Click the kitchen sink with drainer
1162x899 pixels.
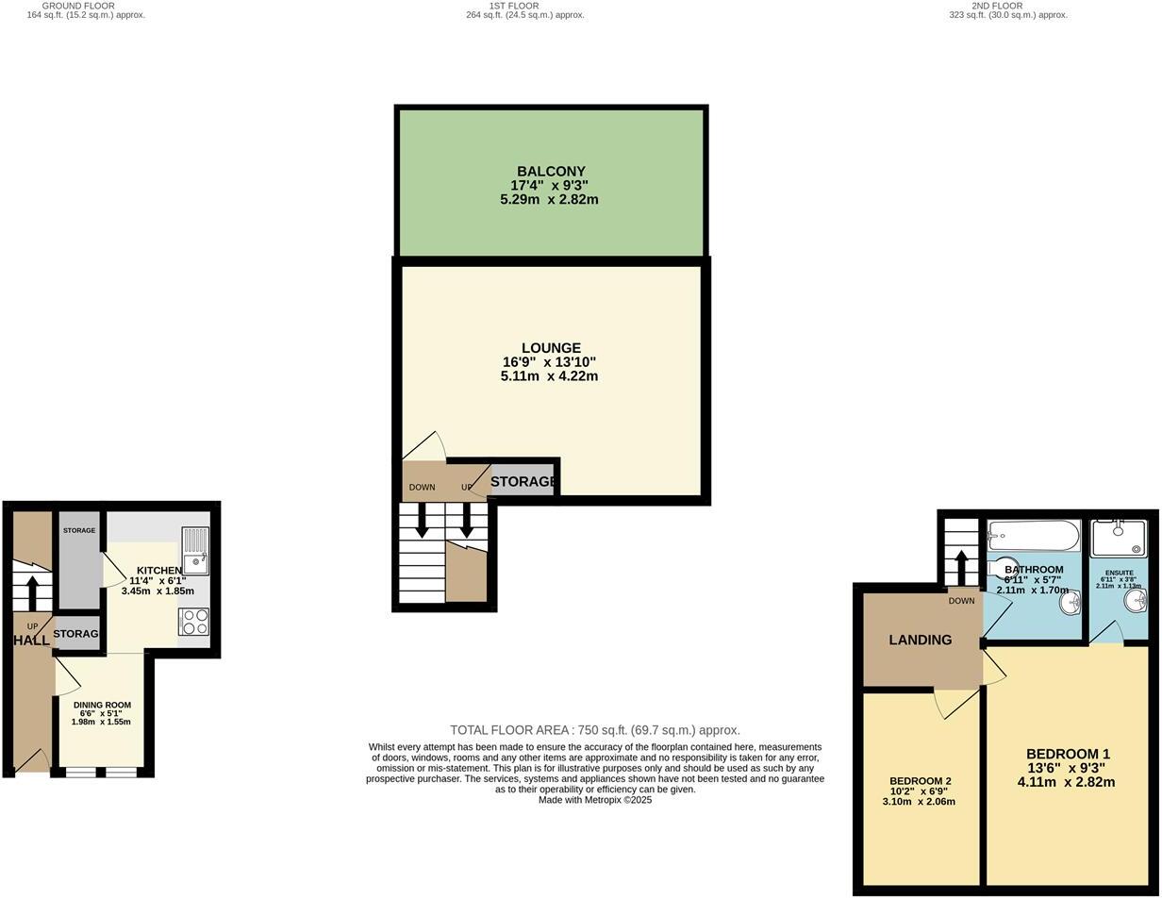tap(195, 550)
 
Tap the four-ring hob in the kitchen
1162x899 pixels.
tap(194, 622)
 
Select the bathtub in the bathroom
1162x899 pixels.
tap(1033, 536)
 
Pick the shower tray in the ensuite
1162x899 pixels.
tap(1119, 538)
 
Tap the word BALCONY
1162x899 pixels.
tap(551, 172)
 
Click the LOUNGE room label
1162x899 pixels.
tap(551, 348)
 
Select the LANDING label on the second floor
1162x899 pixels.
tap(920, 640)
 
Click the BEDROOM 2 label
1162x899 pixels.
tap(920, 781)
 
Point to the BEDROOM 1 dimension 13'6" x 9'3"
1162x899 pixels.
tap(1068, 768)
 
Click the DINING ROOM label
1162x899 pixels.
tap(102, 705)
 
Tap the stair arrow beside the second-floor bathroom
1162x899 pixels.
tap(961, 567)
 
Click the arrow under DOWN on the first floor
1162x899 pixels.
tap(422, 520)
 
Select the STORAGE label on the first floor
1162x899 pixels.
tap(523, 481)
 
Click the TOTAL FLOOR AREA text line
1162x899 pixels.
tap(594, 730)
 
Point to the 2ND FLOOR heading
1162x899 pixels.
tap(997, 6)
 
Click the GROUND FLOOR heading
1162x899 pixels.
tap(78, 6)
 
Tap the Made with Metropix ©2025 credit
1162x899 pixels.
tap(594, 800)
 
